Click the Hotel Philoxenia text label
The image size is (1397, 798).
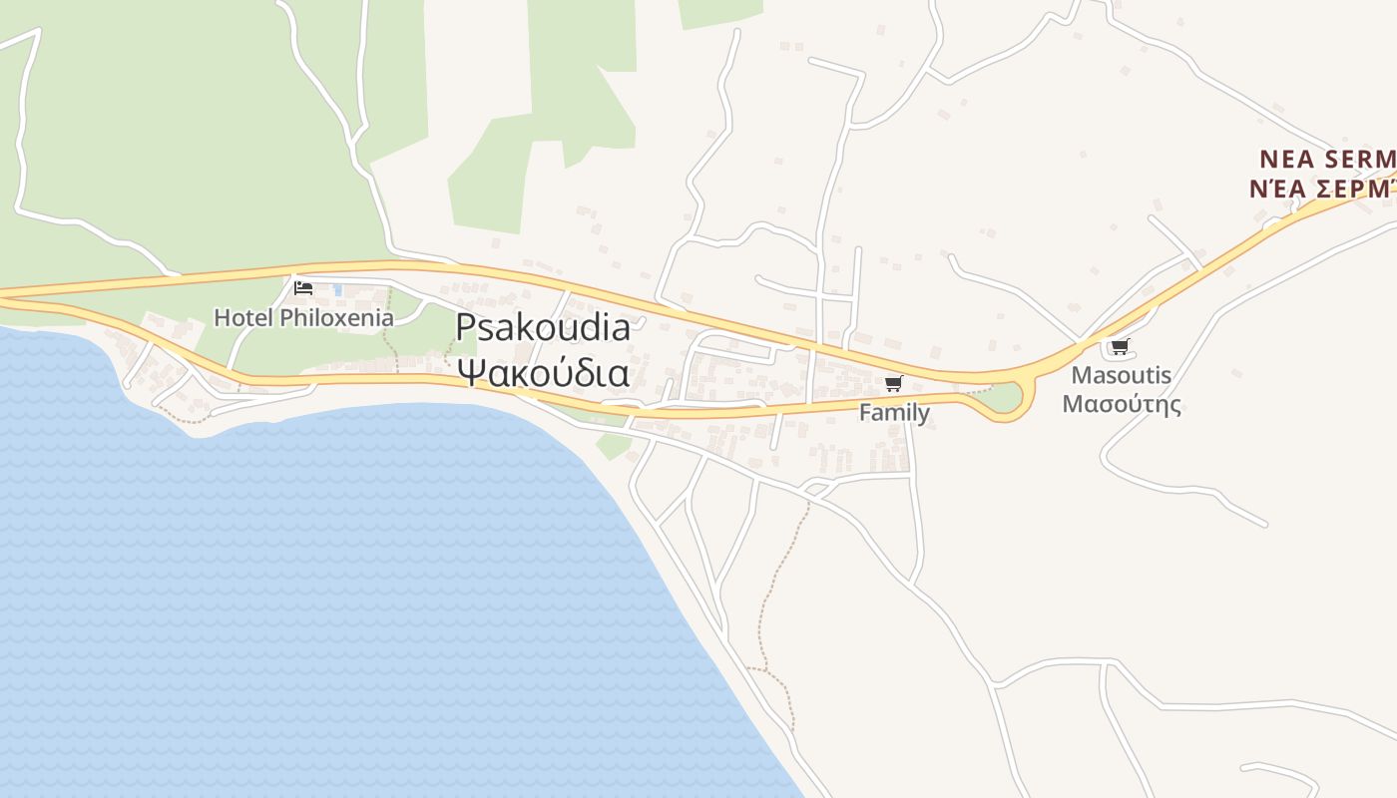(303, 318)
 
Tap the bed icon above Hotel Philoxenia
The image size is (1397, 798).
(303, 288)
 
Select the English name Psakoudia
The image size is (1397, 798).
(543, 328)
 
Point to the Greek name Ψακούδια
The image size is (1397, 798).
(543, 372)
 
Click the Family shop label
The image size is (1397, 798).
(894, 412)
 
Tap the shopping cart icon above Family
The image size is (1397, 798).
(893, 384)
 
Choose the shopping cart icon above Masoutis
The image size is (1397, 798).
(1120, 347)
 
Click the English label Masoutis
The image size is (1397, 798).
(1121, 376)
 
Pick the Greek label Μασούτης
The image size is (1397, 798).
(1121, 404)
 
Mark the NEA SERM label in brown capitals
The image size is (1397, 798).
(1327, 160)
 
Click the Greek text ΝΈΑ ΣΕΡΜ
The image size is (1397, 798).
(1322, 189)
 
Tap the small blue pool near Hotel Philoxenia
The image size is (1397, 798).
(338, 290)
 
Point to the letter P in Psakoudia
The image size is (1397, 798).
(465, 328)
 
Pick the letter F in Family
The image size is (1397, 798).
(865, 412)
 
